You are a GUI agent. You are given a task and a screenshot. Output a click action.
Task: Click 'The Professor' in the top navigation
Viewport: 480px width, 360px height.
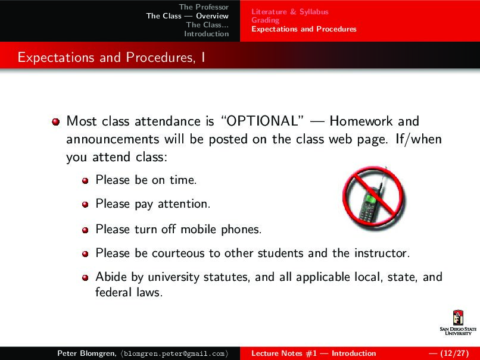pos(204,7)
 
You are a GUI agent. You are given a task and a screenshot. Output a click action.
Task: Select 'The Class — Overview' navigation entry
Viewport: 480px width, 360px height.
pos(187,16)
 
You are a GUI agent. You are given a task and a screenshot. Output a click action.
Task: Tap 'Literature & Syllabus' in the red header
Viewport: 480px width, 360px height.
pos(289,11)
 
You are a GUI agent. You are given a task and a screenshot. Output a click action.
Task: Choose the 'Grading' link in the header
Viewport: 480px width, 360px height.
pos(265,20)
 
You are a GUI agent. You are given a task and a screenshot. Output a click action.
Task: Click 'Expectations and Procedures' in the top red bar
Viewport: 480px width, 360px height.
pos(304,29)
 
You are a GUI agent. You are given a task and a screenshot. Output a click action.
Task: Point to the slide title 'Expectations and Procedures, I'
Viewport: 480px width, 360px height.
pos(111,58)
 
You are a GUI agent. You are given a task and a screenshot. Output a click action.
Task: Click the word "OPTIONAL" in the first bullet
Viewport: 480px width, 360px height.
pos(263,121)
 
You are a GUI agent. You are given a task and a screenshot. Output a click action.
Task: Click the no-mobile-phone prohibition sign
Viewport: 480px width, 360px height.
pos(373,199)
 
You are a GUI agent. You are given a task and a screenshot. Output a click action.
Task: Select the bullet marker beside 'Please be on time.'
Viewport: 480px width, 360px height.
pos(85,180)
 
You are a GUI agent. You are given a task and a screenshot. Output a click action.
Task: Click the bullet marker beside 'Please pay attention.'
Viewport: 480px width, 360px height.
pos(85,204)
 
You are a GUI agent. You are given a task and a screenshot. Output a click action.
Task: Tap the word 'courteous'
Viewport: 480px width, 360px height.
pos(177,253)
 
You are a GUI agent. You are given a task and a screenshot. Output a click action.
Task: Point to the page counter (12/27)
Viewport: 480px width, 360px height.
pos(451,353)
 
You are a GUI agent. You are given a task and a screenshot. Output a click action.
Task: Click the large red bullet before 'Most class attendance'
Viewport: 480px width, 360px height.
pos(56,122)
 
